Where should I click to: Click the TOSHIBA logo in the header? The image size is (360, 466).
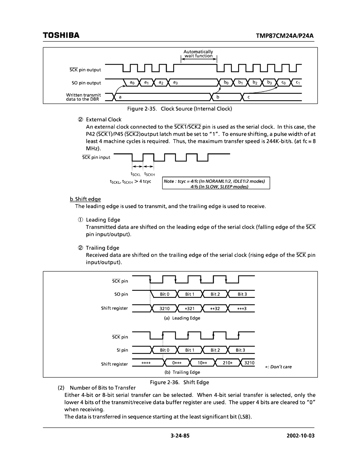(x=61, y=35)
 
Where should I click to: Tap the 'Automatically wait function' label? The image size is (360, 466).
(x=198, y=54)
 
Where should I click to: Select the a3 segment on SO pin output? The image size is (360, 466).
(x=175, y=82)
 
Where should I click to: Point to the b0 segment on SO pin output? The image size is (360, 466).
(x=226, y=82)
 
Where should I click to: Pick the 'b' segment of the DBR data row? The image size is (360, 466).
(x=218, y=97)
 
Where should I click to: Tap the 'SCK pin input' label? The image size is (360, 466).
(x=96, y=157)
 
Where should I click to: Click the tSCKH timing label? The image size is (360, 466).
(x=150, y=174)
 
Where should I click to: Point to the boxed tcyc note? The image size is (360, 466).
(x=216, y=183)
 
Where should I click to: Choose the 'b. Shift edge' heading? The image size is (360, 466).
(x=85, y=199)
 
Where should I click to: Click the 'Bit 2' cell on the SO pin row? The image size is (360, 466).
(x=215, y=294)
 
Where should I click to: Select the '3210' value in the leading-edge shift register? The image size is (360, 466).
(x=164, y=309)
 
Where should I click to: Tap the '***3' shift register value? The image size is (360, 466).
(x=242, y=309)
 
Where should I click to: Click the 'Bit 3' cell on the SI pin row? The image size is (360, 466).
(x=240, y=350)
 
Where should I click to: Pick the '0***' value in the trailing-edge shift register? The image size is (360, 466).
(x=177, y=363)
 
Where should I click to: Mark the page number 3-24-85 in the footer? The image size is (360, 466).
(x=180, y=436)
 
